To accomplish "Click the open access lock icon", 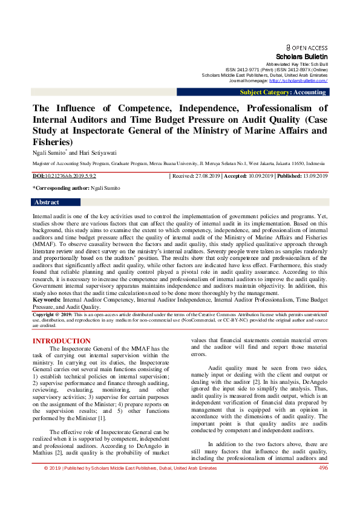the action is [289, 47].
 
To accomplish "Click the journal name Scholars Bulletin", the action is [301, 56].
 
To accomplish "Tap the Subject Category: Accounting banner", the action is [283, 92].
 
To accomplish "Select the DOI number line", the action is [64, 175].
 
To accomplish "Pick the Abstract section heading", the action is [47, 203].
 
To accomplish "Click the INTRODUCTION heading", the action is [61, 342].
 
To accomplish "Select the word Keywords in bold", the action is [46, 299].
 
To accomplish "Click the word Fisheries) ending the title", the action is [52, 141].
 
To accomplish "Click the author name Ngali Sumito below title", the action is [49, 152].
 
